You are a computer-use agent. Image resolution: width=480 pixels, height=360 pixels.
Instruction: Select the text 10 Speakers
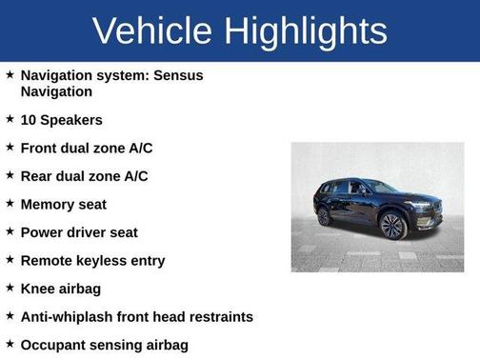[x=61, y=120]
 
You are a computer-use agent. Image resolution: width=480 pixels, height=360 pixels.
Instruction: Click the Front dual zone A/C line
[x=86, y=148]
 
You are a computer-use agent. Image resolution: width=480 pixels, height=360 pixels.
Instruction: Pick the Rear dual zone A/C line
[x=84, y=176]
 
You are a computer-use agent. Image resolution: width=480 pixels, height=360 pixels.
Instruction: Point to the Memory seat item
[x=63, y=204]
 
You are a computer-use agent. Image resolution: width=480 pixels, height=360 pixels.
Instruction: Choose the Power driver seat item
[x=79, y=232]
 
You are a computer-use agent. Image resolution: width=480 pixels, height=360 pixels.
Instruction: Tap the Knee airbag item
[x=60, y=288]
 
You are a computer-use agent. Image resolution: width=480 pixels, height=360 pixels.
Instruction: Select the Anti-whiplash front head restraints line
[x=136, y=316]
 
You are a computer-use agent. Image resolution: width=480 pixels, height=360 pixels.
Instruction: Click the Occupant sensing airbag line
[x=104, y=345]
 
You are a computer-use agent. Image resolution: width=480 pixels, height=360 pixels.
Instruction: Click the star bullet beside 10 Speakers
[x=10, y=119]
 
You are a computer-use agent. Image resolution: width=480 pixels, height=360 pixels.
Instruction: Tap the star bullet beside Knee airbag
[x=10, y=287]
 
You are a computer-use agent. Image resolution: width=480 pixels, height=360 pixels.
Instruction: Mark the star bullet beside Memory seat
[x=10, y=203]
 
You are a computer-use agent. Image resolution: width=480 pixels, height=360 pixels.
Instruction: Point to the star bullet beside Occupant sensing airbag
[x=10, y=344]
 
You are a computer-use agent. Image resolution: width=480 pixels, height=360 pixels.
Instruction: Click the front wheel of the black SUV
[x=392, y=226]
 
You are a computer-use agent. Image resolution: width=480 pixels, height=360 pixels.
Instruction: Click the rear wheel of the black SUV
[x=325, y=216]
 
